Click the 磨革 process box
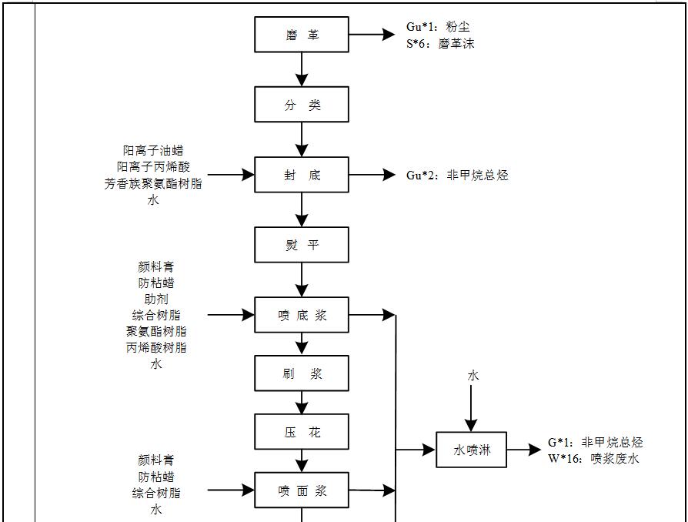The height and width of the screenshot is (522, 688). click(302, 35)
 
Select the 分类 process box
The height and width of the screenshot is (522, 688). click(302, 105)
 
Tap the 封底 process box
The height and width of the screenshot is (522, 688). click(302, 175)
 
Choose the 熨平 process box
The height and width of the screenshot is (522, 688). click(302, 245)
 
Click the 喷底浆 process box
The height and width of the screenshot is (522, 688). click(302, 315)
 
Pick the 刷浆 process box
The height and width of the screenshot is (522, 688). click(302, 373)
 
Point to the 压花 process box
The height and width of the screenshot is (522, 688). click(302, 432)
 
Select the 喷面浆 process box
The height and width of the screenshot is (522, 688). click(302, 490)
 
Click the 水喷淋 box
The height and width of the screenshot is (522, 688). click(471, 450)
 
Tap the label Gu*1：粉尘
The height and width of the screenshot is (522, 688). click(438, 27)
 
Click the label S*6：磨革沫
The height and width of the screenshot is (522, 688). click(440, 44)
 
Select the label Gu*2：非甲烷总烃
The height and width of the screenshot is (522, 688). click(457, 175)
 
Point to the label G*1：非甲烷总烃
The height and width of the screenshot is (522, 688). click(595, 442)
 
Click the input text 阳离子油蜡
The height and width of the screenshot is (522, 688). click(153, 150)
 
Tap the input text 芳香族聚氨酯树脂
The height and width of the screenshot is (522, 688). click(153, 184)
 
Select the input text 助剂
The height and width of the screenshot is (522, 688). click(156, 299)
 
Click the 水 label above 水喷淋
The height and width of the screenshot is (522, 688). click(473, 376)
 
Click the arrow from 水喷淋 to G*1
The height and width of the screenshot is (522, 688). click(525, 450)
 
